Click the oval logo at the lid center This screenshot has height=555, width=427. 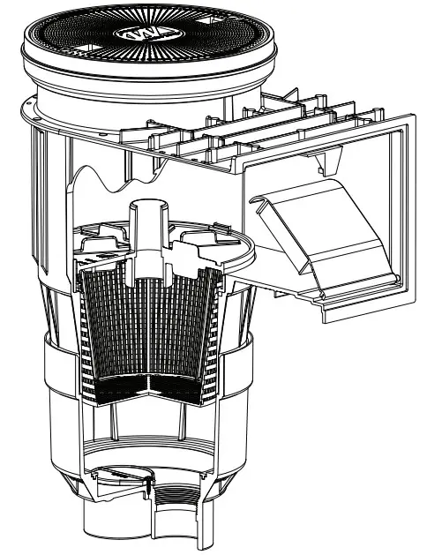click(144, 33)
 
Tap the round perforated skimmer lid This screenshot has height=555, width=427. click(88, 40)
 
